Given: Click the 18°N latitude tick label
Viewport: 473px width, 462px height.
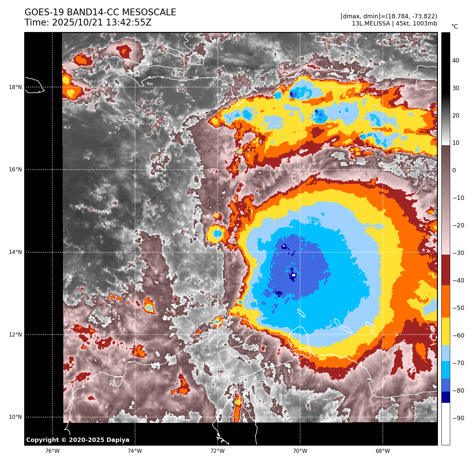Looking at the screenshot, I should point(15,87).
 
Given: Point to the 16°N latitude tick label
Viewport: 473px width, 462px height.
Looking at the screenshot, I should point(15,170).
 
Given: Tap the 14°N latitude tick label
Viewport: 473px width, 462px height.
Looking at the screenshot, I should point(15,252).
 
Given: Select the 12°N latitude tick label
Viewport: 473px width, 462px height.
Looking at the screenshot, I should point(15,335).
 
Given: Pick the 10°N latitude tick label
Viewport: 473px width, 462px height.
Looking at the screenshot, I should point(15,417).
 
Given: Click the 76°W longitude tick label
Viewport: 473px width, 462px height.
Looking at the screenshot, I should point(52,451).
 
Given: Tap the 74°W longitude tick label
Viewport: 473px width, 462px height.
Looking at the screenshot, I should point(135,451).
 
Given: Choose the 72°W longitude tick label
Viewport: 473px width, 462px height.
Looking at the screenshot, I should point(217,451).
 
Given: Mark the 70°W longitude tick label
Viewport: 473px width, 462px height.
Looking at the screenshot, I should point(300,451).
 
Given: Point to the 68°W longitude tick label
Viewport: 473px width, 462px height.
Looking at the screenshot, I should point(383,451).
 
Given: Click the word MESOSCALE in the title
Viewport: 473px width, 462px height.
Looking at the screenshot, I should point(149,13).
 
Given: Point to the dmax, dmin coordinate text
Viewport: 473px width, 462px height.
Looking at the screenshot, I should point(389,16).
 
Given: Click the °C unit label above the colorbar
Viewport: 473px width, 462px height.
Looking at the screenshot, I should point(454,27).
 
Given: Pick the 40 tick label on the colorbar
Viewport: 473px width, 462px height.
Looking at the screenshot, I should point(456,61).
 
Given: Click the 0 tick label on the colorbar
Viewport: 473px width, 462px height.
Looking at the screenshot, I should point(454,171).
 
